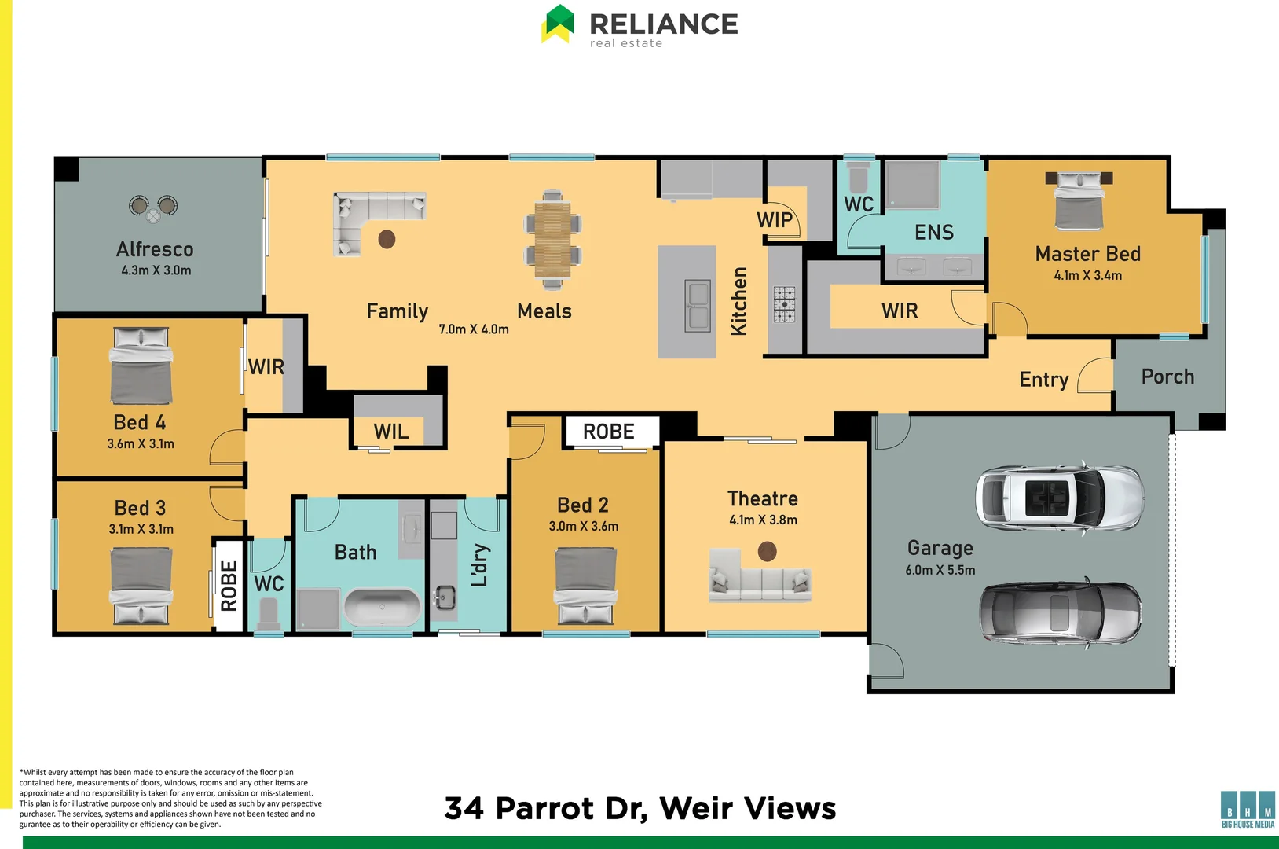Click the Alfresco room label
[155, 249]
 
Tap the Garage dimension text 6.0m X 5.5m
[940, 570]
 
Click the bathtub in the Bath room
[383, 607]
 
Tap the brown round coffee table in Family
[387, 239]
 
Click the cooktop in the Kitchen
[784, 304]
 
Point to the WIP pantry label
[775, 220]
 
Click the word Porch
[1167, 377]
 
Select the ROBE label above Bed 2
[608, 432]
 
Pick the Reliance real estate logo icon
[559, 24]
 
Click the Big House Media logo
[1248, 810]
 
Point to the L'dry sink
[445, 597]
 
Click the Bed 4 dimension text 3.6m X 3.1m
[141, 443]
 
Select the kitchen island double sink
[698, 305]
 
